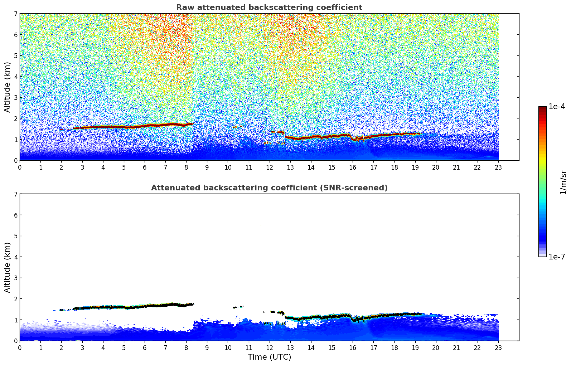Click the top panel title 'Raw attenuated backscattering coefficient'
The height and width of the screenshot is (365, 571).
point(269,8)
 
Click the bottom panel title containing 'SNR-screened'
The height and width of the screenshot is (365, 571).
point(269,188)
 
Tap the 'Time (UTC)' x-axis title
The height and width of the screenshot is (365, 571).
point(269,357)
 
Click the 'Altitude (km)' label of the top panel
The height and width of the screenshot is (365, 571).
point(8,87)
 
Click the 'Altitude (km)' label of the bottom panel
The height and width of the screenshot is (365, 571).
point(8,267)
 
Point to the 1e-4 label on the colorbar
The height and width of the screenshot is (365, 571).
point(557,107)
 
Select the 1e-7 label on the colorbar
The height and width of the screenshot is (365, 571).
point(557,257)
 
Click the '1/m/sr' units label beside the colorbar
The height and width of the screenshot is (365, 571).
point(563,182)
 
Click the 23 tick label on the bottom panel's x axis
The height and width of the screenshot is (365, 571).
point(498,347)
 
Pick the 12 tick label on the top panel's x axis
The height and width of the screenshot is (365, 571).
point(269,167)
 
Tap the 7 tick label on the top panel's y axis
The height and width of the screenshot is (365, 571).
point(16,14)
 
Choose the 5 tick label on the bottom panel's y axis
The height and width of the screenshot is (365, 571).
point(16,236)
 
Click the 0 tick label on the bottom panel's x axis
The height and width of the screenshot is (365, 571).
point(20,347)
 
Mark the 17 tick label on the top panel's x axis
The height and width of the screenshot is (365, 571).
point(373,167)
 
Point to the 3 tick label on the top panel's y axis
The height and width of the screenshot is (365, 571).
point(16,98)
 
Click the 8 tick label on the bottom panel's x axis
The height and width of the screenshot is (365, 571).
point(186,347)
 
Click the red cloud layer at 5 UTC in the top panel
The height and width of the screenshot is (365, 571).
point(124,127)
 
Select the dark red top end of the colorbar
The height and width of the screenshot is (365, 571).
point(542,108)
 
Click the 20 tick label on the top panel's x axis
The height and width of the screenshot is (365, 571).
point(436,167)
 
